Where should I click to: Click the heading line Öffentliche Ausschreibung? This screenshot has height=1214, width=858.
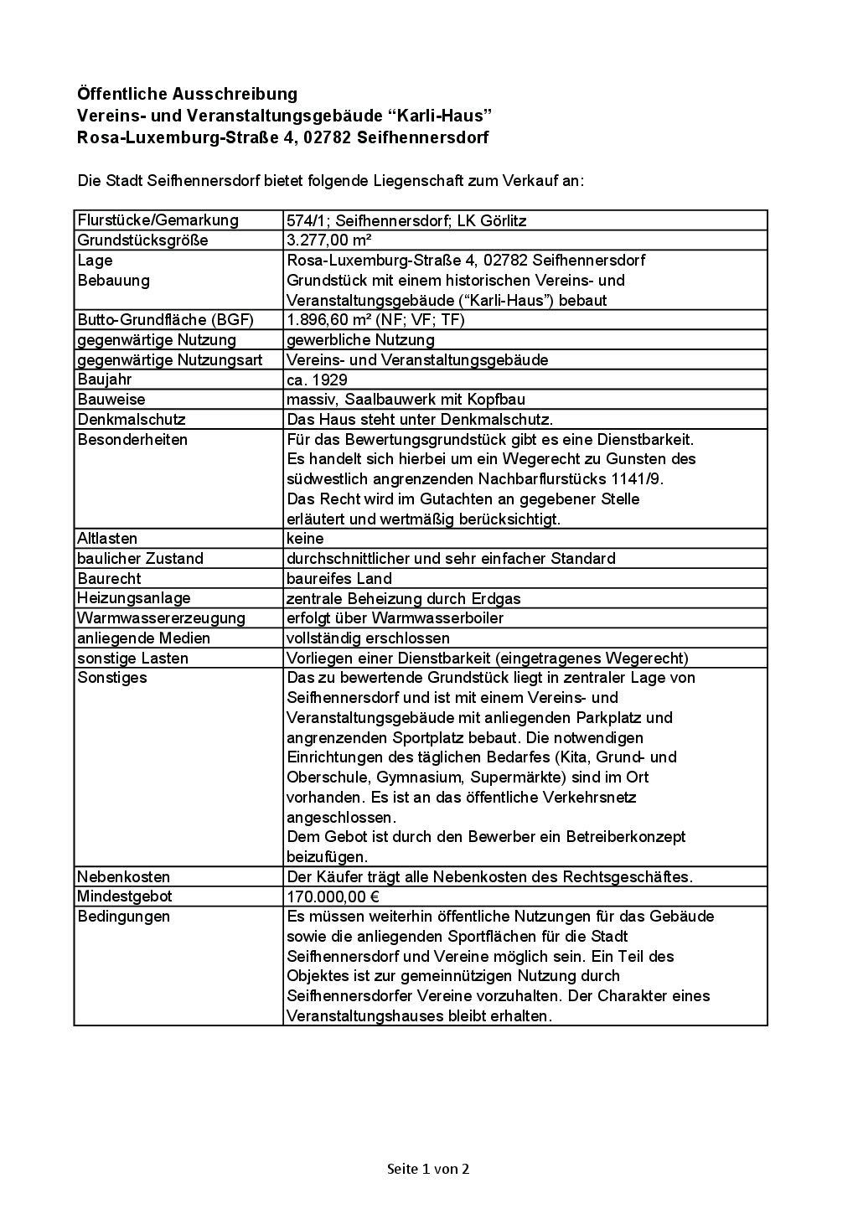187,94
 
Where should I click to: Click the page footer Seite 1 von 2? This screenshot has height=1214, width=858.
428,1168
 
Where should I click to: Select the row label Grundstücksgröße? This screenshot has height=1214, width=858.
142,240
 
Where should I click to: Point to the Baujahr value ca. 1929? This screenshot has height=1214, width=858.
317,380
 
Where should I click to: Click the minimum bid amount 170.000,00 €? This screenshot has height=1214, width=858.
333,896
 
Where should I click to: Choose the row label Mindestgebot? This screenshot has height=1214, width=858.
124,896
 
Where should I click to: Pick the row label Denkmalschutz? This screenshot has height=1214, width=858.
132,420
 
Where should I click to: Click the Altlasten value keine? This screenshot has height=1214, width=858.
305,539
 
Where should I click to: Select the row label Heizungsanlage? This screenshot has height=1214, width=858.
134,598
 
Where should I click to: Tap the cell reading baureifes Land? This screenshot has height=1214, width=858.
339,579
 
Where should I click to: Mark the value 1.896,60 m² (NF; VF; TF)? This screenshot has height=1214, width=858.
375,320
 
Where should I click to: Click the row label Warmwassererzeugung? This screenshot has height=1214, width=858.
161,618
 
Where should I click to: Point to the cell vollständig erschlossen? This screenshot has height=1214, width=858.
368,638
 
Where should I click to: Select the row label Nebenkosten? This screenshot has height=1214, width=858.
123,877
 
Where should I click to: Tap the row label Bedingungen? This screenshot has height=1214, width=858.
123,917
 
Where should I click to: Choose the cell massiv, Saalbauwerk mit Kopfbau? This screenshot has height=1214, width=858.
406,400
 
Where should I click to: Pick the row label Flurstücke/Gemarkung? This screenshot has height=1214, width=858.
158,220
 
